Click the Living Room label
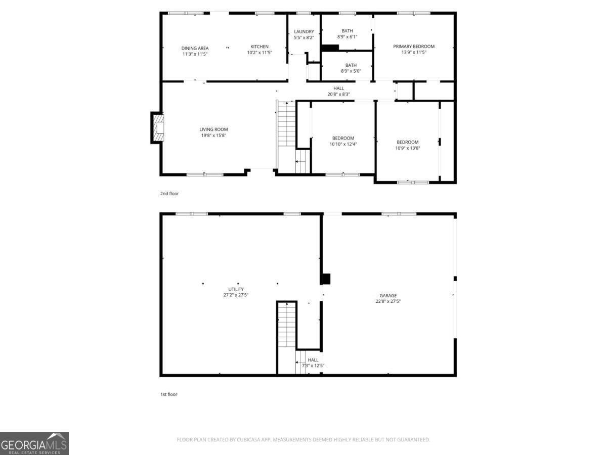(213, 129)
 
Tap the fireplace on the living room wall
(157, 128)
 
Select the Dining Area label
(195, 48)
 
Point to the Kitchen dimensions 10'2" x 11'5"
(259, 53)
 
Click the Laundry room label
(304, 31)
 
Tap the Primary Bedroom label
(414, 47)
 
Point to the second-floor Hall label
(338, 88)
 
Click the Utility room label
(236, 289)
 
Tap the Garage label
(388, 295)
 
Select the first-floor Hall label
(313, 359)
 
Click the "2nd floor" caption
(169, 194)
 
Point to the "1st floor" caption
(168, 394)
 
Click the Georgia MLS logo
(34, 444)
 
